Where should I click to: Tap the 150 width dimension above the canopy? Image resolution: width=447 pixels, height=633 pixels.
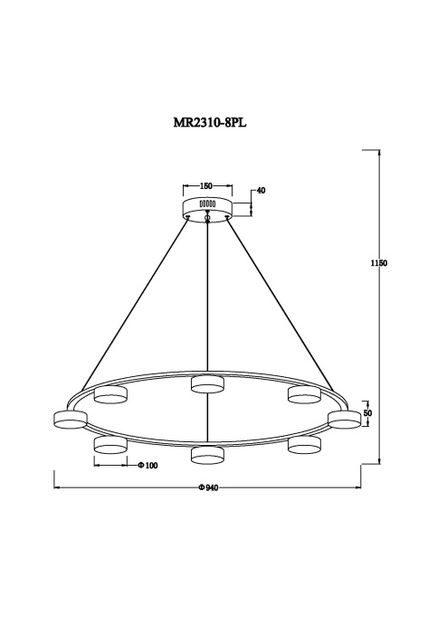206,186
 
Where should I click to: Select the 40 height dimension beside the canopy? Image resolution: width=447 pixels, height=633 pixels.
261,191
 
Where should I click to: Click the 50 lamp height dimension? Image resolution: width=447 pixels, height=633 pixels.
367,413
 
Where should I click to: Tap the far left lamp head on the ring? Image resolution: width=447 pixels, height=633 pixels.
70,418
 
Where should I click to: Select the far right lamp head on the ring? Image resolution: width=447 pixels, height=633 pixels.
344,418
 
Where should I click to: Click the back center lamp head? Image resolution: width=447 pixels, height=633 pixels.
207,386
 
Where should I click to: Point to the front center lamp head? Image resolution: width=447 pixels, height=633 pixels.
207,454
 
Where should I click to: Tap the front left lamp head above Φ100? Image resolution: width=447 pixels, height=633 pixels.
109,445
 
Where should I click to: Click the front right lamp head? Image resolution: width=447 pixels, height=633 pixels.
304,445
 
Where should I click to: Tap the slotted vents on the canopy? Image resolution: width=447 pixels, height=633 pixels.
206,203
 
